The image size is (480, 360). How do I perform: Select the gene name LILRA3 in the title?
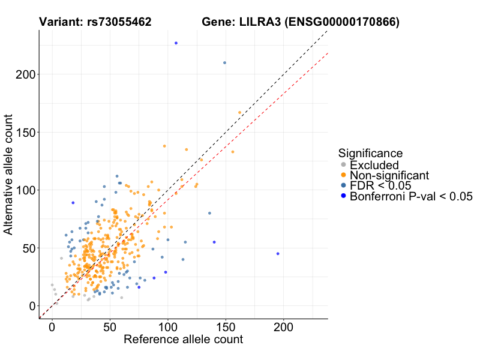click(x=261, y=23)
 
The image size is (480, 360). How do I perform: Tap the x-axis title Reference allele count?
click(x=183, y=340)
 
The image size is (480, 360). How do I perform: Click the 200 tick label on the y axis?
click(x=23, y=74)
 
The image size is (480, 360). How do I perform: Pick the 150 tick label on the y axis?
click(x=23, y=133)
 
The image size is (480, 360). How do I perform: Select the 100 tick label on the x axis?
click(x=167, y=328)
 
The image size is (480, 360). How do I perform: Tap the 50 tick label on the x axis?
click(x=110, y=328)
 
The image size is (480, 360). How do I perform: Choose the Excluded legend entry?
click(x=374, y=164)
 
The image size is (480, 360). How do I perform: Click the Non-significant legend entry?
click(x=389, y=175)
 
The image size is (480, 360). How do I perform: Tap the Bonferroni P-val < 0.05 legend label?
click(x=412, y=196)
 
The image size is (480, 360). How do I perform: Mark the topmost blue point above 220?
click(x=176, y=43)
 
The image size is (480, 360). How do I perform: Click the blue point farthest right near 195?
click(x=278, y=254)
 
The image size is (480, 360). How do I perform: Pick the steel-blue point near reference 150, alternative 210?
click(x=224, y=62)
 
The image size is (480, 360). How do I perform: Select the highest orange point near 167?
click(x=239, y=112)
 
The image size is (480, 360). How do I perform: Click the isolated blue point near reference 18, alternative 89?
click(x=73, y=203)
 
